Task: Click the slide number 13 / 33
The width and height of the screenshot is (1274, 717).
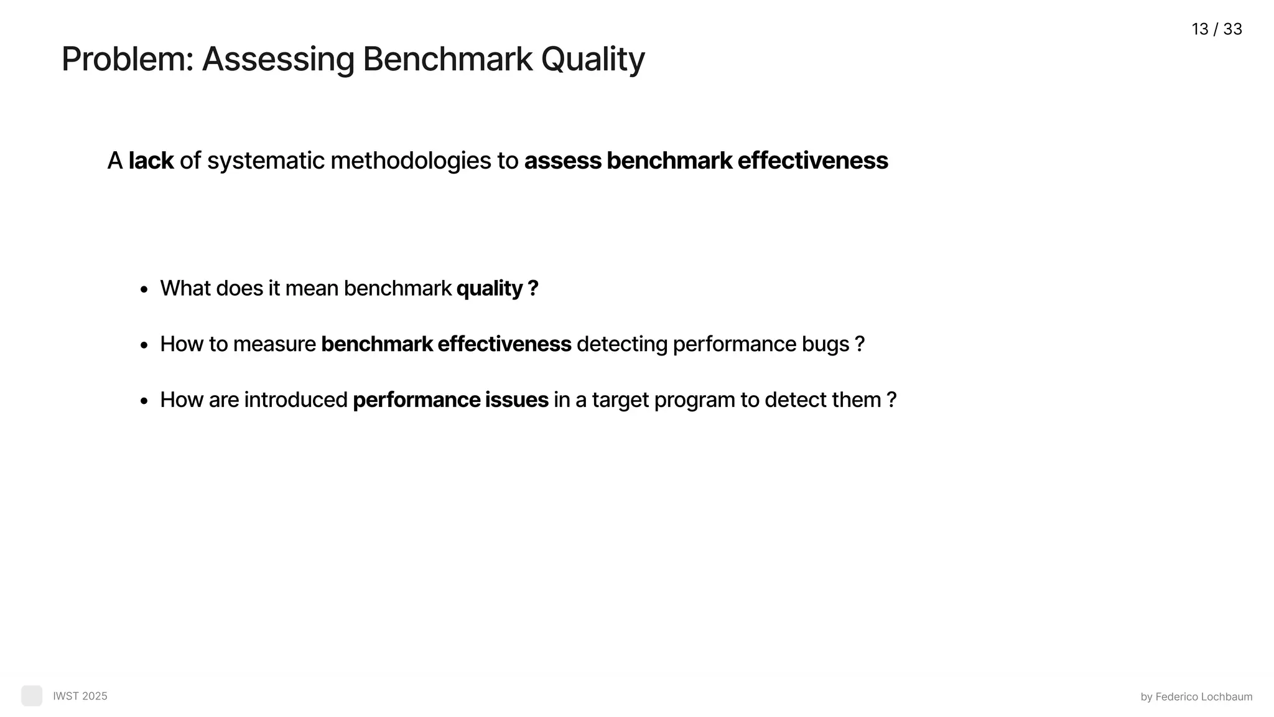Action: point(1216,29)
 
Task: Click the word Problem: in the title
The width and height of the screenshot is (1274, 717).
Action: point(128,60)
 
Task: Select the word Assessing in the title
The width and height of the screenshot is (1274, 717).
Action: point(277,60)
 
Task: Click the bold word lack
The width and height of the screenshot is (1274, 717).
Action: point(151,161)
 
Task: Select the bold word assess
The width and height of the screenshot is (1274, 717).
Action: point(562,161)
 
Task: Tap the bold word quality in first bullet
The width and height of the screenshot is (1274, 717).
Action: point(490,289)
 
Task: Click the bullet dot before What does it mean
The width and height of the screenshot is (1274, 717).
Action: point(144,289)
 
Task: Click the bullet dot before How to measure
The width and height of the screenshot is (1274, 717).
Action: point(144,345)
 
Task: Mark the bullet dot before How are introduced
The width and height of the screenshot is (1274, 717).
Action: point(144,401)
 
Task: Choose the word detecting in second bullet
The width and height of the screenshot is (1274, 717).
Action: point(621,344)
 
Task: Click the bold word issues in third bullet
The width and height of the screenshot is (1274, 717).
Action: point(516,400)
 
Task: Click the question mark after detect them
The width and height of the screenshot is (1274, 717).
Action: point(891,400)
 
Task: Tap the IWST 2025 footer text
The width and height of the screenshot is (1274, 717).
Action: point(80,696)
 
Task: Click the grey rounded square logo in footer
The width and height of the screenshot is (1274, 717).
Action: point(32,696)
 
